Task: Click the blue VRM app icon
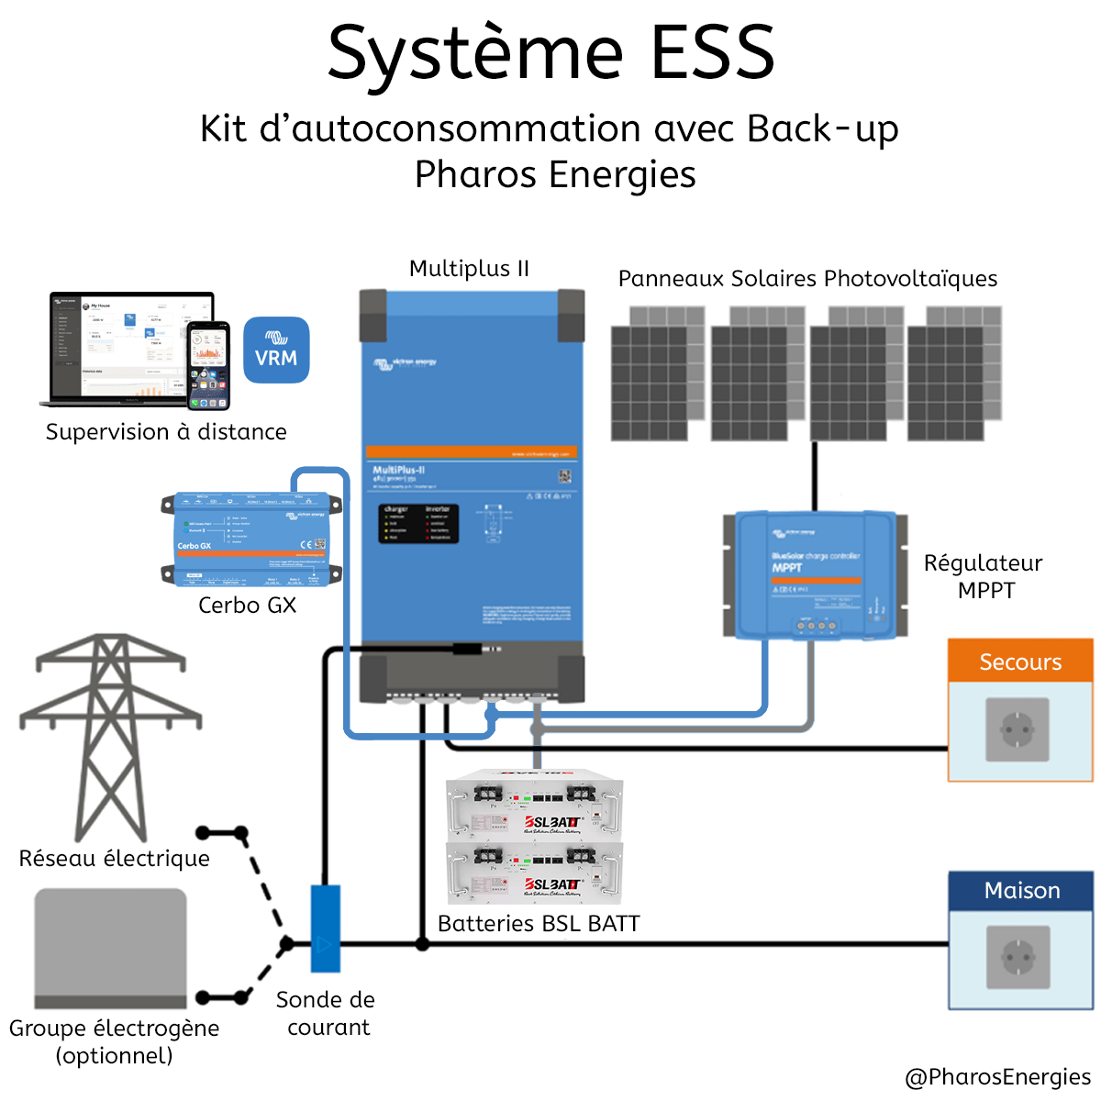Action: pos(276,350)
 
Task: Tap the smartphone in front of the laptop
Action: pos(208,365)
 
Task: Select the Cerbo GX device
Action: pos(251,539)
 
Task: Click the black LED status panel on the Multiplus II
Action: pos(418,523)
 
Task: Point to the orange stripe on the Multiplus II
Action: pos(472,452)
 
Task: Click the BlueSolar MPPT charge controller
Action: pos(815,575)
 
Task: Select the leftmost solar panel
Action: pos(657,374)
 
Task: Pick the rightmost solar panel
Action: pos(954,374)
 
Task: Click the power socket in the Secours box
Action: pos(1018,730)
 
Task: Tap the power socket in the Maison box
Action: pos(1018,957)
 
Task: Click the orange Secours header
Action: pos(1020,662)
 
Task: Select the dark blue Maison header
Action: pos(1021,890)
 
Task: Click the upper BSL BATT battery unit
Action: pos(535,808)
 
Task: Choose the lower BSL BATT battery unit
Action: pos(535,873)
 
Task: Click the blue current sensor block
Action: pos(325,929)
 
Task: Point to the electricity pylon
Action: pos(110,734)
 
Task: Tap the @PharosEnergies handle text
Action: pos(997,1076)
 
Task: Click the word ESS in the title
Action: pos(713,52)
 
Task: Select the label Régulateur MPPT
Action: pos(984,576)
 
